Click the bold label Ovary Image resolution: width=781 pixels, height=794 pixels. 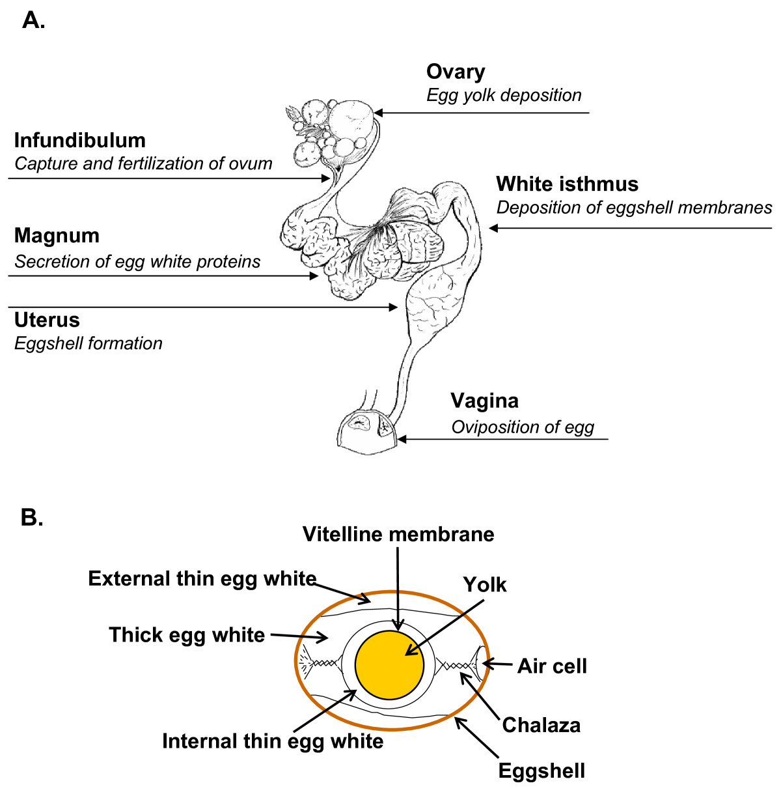(456, 72)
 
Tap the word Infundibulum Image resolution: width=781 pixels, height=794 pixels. (80, 141)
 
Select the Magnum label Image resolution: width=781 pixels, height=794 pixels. (57, 236)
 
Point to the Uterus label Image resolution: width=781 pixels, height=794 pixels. (47, 320)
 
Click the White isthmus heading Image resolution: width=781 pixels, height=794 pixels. (568, 184)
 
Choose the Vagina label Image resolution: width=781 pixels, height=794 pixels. (485, 401)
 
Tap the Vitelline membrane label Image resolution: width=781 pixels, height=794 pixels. (398, 534)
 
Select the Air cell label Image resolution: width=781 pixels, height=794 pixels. (552, 666)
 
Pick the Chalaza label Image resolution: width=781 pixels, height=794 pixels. (541, 725)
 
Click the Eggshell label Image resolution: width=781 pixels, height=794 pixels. (541, 771)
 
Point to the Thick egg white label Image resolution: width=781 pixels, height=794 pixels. (187, 635)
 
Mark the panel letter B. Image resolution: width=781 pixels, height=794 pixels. (32, 517)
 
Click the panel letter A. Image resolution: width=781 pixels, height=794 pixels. (33, 20)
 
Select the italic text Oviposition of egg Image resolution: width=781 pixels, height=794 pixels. (523, 427)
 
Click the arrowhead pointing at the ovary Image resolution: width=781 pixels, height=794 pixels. (378, 113)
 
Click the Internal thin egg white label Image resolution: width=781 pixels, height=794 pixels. (273, 741)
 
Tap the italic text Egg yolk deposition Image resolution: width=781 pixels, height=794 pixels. (504, 96)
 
